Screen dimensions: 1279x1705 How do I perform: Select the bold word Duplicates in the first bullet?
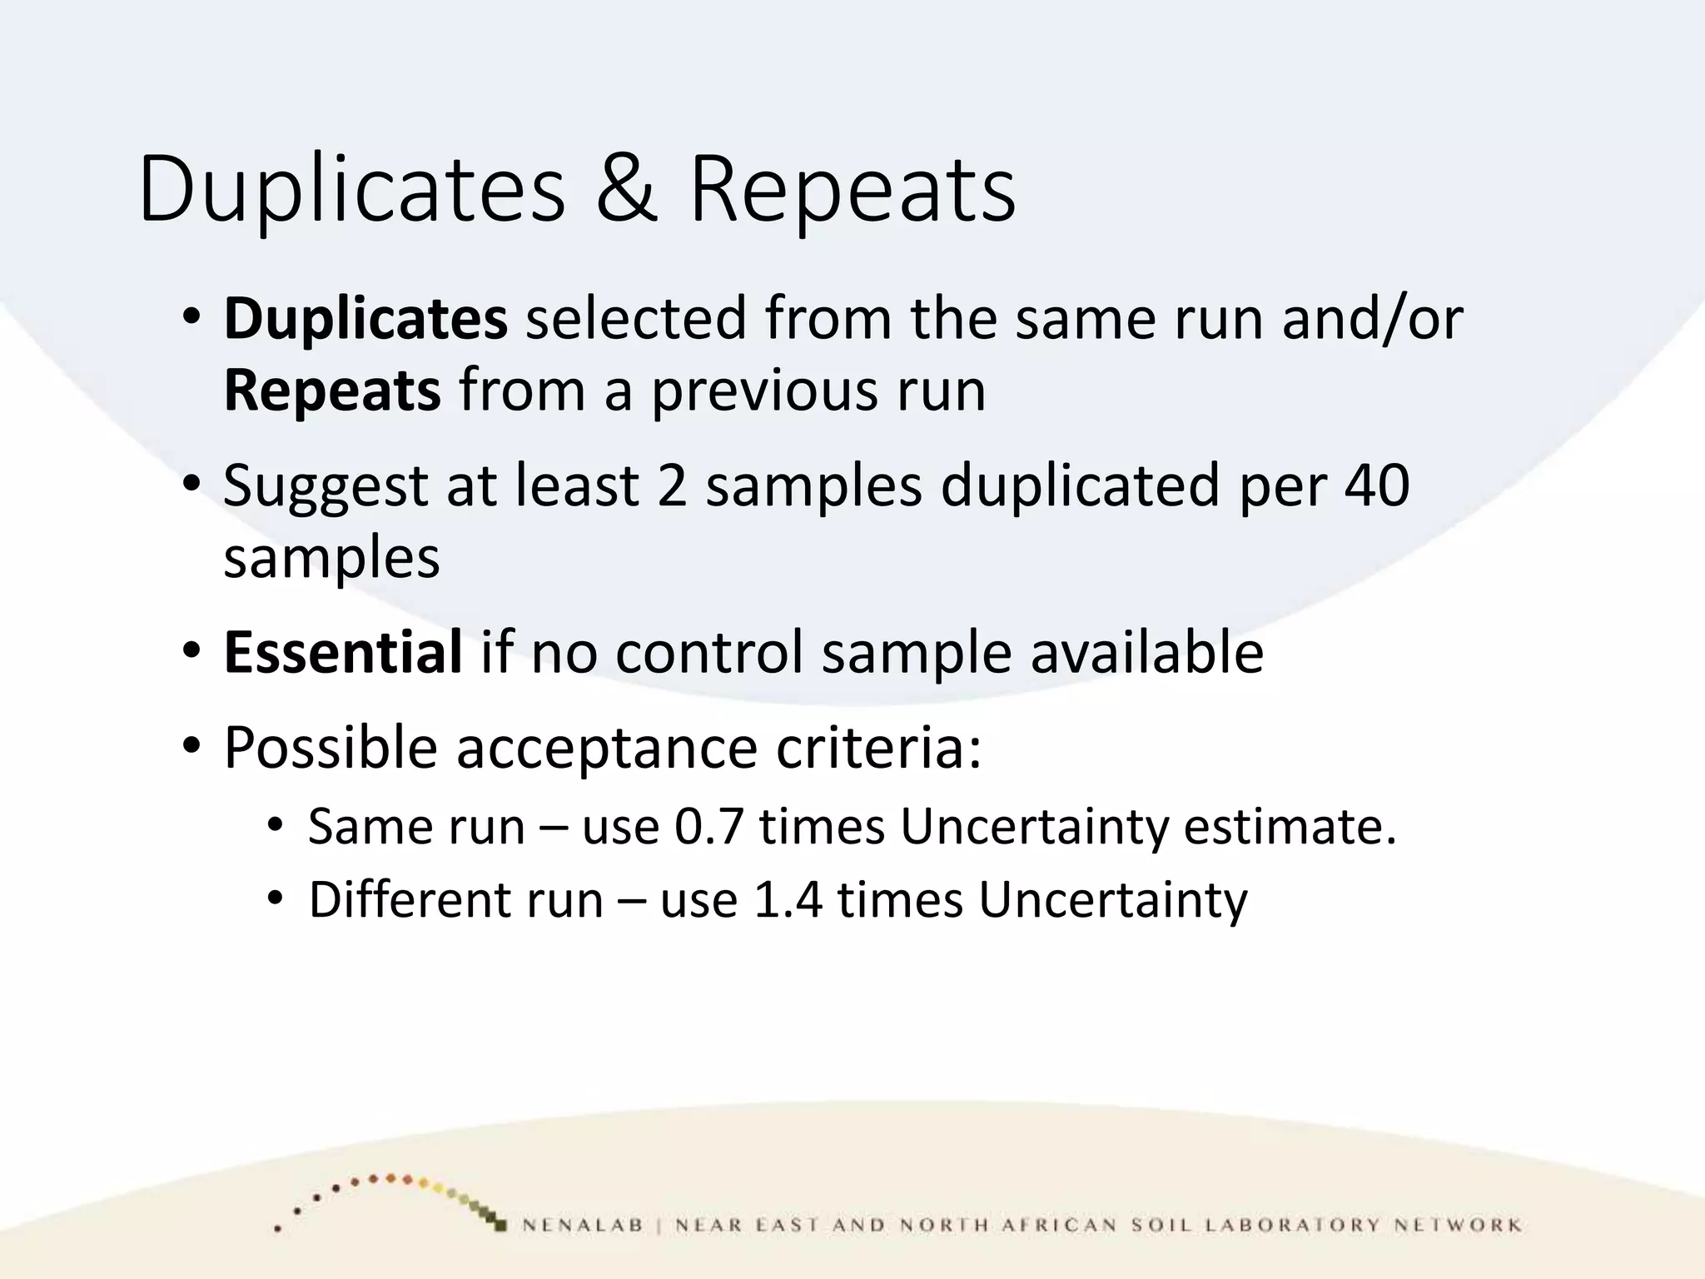click(x=365, y=318)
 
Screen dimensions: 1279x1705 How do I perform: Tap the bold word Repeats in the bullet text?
click(x=332, y=390)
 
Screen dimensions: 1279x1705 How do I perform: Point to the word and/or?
click(x=1372, y=318)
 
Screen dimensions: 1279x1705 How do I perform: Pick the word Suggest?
click(x=325, y=485)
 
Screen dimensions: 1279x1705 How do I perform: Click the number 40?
click(x=1376, y=485)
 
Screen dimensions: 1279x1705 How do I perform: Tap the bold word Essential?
click(x=343, y=652)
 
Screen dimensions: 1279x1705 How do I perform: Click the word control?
click(x=709, y=652)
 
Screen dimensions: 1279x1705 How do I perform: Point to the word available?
click(x=1147, y=652)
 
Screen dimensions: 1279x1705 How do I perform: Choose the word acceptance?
click(x=607, y=748)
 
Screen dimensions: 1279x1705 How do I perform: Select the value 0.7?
click(x=708, y=827)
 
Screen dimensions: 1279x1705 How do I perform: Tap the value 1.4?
click(x=787, y=900)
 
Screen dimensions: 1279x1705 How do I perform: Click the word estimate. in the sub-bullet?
click(x=1290, y=827)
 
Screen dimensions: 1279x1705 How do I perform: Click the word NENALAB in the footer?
click(x=583, y=1225)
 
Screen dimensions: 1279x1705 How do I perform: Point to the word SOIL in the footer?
click(x=1161, y=1225)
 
